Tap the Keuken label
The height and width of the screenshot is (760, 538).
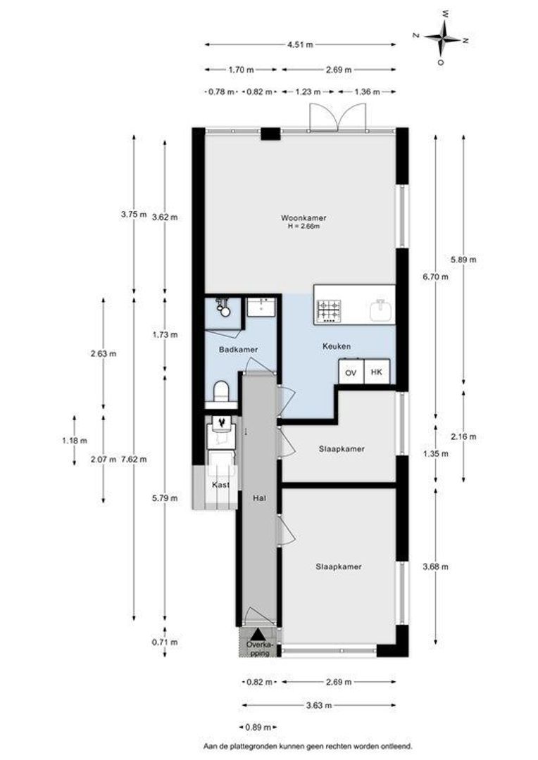point(337,346)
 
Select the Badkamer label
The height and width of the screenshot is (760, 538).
point(237,349)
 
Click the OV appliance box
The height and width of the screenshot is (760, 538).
point(350,372)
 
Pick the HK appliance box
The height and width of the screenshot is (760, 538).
point(376,372)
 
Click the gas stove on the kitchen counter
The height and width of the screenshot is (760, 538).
point(329,310)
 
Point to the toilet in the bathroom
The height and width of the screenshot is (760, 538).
point(220,391)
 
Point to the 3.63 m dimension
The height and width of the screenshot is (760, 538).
point(319,704)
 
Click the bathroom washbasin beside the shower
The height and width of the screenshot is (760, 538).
point(265,308)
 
